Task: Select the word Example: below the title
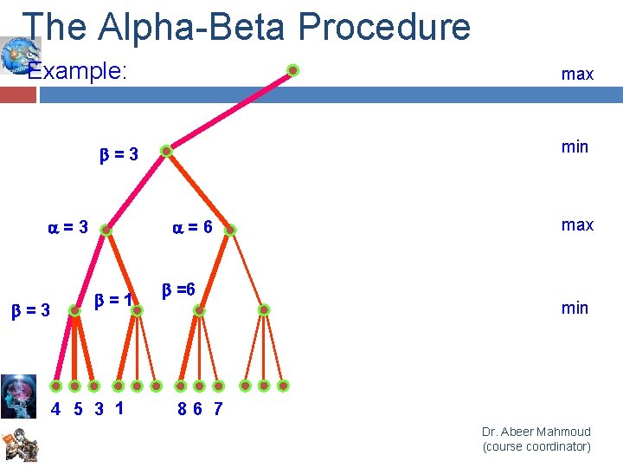click(x=78, y=71)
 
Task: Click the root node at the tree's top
click(x=293, y=70)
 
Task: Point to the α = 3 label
click(x=67, y=228)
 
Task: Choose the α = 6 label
click(x=192, y=228)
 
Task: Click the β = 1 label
click(x=112, y=301)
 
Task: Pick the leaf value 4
click(x=55, y=409)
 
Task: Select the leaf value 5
click(x=77, y=409)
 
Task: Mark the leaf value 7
click(x=217, y=409)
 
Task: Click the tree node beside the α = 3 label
click(x=106, y=231)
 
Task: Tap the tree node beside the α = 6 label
click(x=231, y=231)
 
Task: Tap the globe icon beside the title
click(x=15, y=55)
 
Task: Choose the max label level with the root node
click(x=577, y=75)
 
